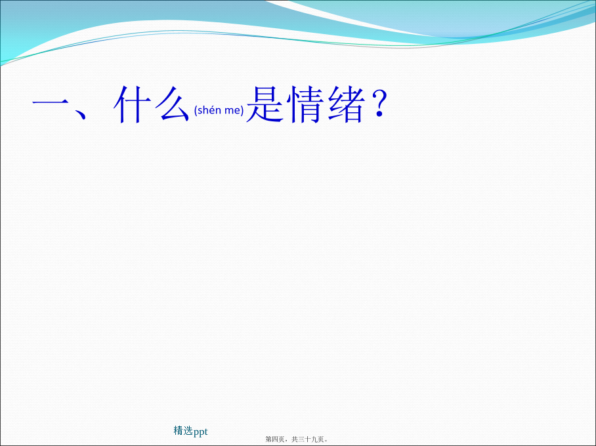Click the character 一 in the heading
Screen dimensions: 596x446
click(50, 104)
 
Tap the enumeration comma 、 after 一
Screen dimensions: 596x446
click(81, 113)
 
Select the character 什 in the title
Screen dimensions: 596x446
click(132, 104)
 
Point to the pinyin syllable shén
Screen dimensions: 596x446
click(209, 110)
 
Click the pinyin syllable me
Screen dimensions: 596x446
click(232, 111)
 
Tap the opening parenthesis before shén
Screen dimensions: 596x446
click(196, 111)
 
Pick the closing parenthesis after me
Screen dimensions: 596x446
click(242, 111)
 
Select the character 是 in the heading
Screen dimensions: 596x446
click(265, 104)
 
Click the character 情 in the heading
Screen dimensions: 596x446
click(305, 104)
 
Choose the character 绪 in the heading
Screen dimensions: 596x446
click(346, 104)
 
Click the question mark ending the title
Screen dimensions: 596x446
click(379, 104)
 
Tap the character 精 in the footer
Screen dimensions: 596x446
click(179, 430)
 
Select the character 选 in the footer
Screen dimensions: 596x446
click(188, 430)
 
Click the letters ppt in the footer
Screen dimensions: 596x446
click(200, 432)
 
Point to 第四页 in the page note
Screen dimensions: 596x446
click(275, 439)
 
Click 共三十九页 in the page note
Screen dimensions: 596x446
click(308, 439)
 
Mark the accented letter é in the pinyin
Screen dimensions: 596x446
click(212, 110)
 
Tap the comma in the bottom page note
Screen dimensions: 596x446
click(287, 441)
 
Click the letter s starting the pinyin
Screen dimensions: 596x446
click(200, 111)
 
